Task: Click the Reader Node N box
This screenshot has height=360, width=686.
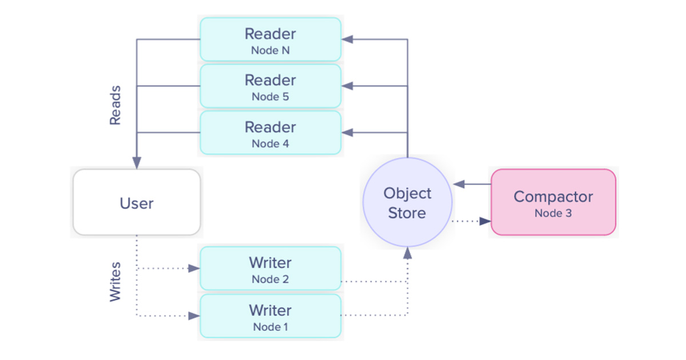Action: (x=270, y=39)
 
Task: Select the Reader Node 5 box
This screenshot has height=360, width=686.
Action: (x=270, y=86)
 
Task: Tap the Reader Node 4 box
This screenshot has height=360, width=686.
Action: (x=270, y=133)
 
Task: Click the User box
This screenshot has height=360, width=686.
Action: (x=137, y=203)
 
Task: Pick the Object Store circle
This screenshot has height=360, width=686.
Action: (x=407, y=203)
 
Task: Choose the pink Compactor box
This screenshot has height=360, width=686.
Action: (x=553, y=202)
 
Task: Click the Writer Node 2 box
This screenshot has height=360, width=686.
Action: (x=270, y=269)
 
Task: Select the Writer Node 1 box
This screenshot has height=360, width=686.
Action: (x=270, y=316)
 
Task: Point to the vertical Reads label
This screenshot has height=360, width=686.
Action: (x=115, y=106)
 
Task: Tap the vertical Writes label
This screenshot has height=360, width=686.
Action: (x=115, y=282)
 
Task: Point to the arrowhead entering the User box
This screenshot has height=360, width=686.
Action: (x=137, y=163)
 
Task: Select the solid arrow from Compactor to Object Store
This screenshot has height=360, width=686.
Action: (x=472, y=185)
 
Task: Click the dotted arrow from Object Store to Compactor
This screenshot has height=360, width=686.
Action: (x=472, y=221)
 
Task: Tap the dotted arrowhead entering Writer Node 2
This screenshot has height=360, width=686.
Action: (x=194, y=268)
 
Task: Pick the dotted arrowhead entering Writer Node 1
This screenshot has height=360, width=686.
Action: (x=194, y=315)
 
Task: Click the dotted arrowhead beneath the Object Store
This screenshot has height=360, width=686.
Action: (x=407, y=253)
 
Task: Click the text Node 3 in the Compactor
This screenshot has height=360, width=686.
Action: (x=553, y=213)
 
